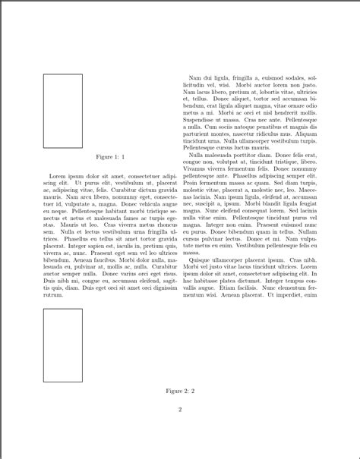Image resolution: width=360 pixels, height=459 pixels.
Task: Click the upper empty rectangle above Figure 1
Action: click(x=62, y=111)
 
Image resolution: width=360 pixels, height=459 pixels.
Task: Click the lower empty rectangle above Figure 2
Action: click(x=62, y=345)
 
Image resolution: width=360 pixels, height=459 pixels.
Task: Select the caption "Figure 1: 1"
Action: click(x=110, y=156)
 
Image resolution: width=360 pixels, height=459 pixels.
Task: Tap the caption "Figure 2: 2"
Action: click(x=180, y=391)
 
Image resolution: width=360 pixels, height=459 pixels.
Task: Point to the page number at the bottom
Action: click(x=180, y=410)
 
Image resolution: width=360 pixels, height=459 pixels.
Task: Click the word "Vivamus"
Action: click(x=197, y=168)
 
